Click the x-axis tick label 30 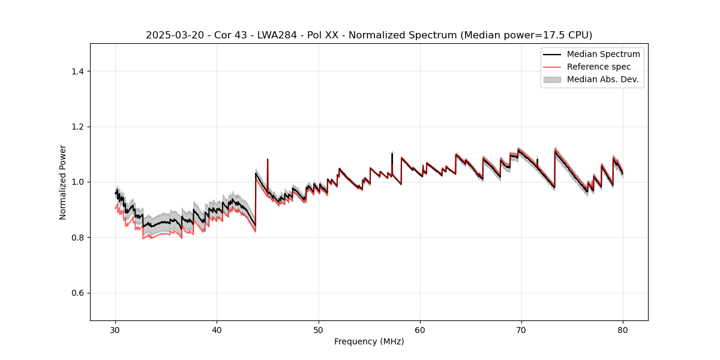(x=116, y=329)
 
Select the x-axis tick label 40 (x=217, y=329)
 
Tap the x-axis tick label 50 (x=319, y=329)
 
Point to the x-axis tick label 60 (x=420, y=329)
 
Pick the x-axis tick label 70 (x=521, y=329)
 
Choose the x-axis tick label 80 (x=623, y=329)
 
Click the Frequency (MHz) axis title (x=369, y=341)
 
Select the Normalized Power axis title (x=63, y=182)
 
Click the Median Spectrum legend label (x=603, y=54)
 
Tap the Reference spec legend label (x=599, y=67)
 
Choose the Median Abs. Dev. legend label (x=602, y=79)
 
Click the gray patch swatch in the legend (x=552, y=79)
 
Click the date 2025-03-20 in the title (x=173, y=35)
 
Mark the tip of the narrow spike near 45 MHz (x=268, y=160)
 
